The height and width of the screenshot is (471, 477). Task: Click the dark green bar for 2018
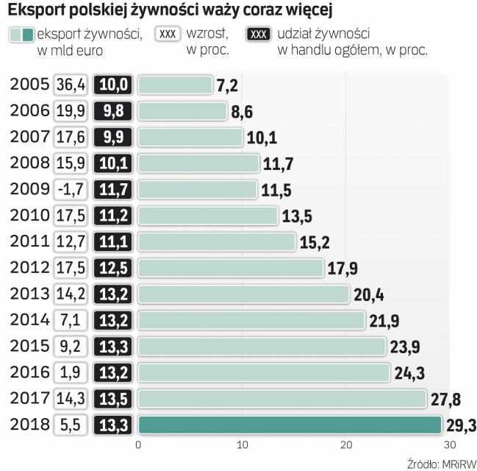click(290, 425)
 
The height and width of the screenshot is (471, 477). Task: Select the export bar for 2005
click(175, 85)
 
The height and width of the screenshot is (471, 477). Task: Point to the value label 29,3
click(461, 425)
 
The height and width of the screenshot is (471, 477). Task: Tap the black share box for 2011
click(113, 242)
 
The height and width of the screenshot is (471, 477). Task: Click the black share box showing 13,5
click(113, 399)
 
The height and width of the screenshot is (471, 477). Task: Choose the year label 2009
click(29, 189)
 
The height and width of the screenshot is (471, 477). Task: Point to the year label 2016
click(29, 372)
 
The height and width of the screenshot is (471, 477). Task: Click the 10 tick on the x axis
click(242, 445)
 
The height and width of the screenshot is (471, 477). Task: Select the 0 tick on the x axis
click(138, 445)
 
